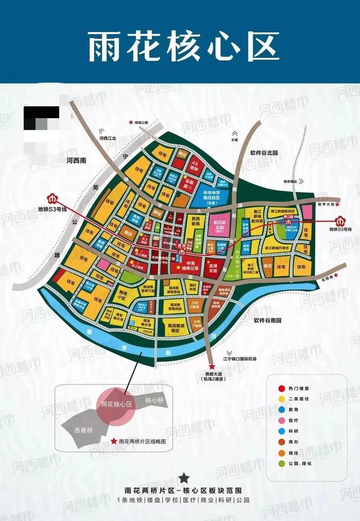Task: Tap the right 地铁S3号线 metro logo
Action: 341,220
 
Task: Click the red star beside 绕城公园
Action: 132,122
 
